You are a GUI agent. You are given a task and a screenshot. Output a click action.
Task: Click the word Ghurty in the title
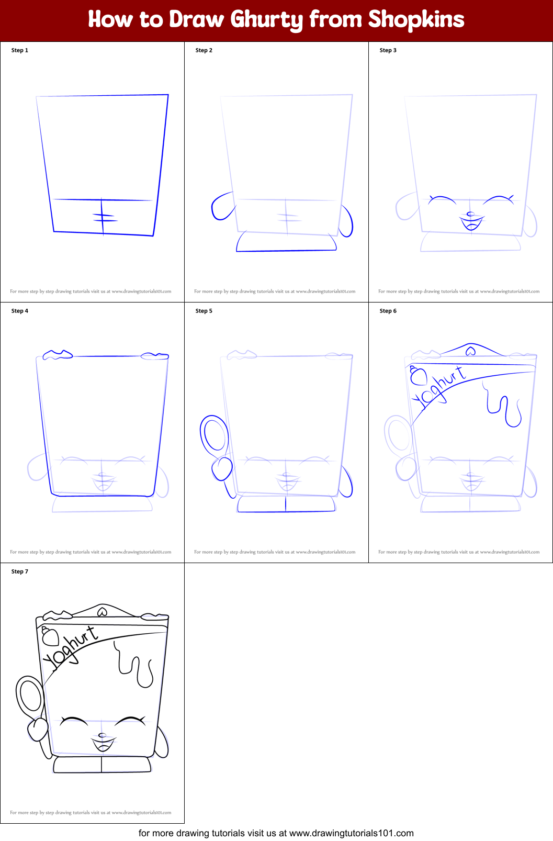(266, 20)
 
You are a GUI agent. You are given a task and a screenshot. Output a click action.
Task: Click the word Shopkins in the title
(416, 19)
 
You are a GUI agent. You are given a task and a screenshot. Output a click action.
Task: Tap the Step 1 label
(20, 50)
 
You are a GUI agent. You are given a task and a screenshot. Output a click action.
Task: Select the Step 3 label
(388, 50)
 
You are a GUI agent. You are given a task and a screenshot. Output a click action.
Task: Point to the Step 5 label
(204, 311)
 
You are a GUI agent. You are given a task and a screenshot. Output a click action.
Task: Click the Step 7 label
(20, 571)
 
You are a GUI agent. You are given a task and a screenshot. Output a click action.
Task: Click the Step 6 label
(388, 311)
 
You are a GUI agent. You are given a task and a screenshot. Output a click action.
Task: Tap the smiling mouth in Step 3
(471, 224)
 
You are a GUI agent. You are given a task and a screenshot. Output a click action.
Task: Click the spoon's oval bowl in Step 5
(213, 434)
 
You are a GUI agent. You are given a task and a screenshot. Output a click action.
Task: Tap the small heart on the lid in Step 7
(102, 612)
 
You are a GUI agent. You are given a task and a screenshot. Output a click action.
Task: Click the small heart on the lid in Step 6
(470, 351)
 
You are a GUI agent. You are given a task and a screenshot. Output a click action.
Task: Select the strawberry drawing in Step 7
(50, 637)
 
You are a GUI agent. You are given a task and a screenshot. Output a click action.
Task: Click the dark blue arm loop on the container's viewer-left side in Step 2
(222, 206)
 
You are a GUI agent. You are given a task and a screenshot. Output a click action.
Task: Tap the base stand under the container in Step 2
(286, 242)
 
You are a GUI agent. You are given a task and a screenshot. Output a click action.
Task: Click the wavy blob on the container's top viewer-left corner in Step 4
(58, 355)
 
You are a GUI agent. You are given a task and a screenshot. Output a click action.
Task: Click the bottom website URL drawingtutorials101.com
(351, 833)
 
